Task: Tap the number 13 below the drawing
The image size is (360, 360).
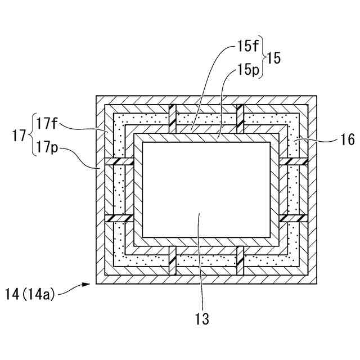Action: pyautogui.click(x=201, y=319)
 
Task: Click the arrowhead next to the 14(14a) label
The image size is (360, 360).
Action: pyautogui.click(x=85, y=285)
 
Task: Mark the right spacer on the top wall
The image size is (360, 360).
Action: pyautogui.click(x=240, y=119)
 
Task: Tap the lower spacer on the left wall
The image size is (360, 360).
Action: pyautogui.click(x=118, y=218)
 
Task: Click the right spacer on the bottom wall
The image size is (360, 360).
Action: pyautogui.click(x=240, y=260)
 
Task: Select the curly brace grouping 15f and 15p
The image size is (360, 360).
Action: pyautogui.click(x=264, y=58)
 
